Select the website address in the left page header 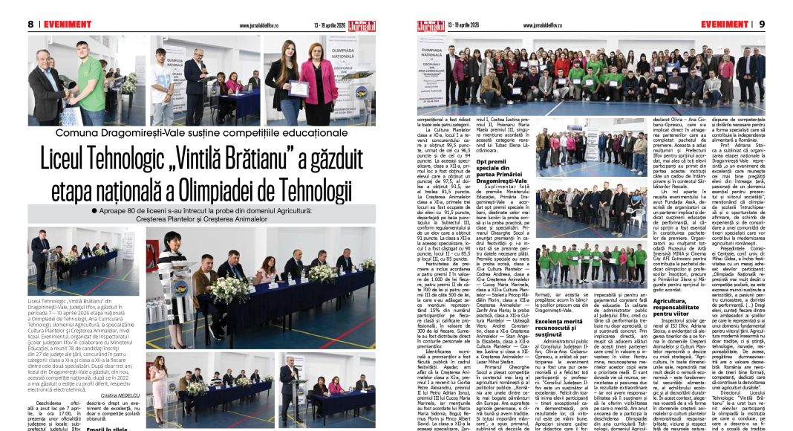(260, 25)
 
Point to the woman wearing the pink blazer (320, 82)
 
